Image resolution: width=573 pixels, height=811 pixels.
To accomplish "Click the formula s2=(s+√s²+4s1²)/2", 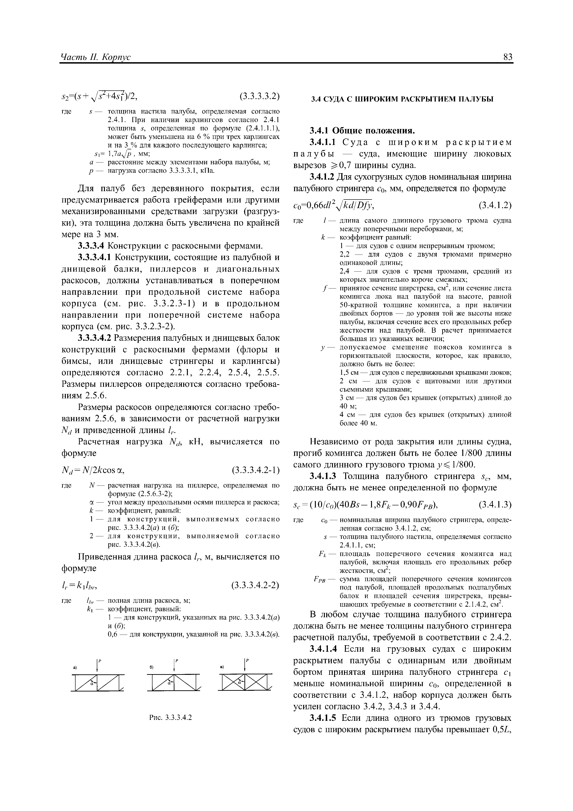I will [x=99, y=96].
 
